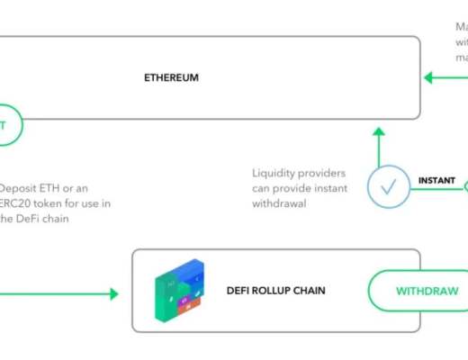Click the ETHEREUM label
point(171,78)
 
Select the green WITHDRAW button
point(420,291)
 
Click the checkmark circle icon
point(389,186)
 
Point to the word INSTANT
point(436,181)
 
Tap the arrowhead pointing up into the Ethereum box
point(379,132)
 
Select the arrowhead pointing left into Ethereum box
point(429,77)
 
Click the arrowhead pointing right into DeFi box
point(113,293)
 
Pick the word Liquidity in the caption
point(274,171)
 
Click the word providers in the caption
point(322,171)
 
